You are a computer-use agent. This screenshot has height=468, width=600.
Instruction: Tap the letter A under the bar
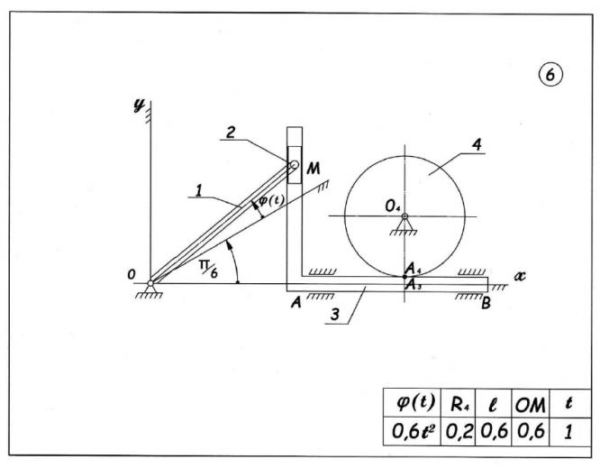[x=295, y=303]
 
